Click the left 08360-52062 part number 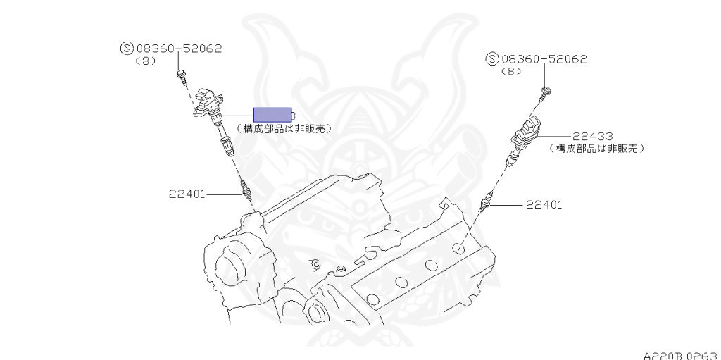coord(179,49)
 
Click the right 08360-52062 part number coord(544,59)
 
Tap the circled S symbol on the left coord(127,49)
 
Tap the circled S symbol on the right coord(492,59)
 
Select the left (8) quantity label coord(145,61)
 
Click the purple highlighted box coord(272,115)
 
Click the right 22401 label coord(544,205)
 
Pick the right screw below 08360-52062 coord(546,91)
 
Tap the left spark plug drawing coord(246,191)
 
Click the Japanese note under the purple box coord(284,129)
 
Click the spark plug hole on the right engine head coord(458,248)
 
